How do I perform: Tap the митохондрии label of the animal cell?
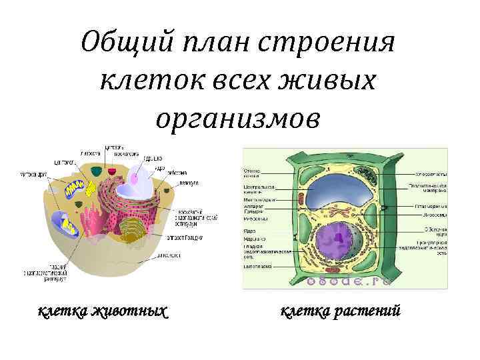tap(32, 175)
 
